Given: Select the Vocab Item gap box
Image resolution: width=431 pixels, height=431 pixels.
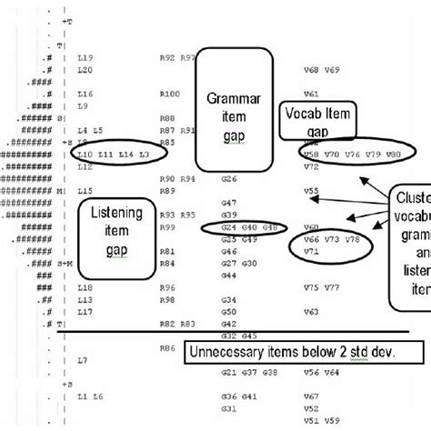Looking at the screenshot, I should click(317, 121).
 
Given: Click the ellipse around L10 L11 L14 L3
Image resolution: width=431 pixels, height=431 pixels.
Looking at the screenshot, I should click(109, 155).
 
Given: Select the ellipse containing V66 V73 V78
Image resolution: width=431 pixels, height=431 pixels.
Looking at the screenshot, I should click(330, 244).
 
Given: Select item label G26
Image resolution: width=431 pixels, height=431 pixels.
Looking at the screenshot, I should click(228, 178).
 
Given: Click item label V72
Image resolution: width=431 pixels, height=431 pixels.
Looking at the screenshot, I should click(311, 166).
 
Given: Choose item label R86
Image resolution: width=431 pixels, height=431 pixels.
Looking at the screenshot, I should click(166, 347).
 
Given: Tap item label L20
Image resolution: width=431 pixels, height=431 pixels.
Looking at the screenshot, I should click(85, 70).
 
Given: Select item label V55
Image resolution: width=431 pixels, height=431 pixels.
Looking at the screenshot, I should click(311, 191).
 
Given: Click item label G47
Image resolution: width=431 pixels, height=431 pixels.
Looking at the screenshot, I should click(228, 202).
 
